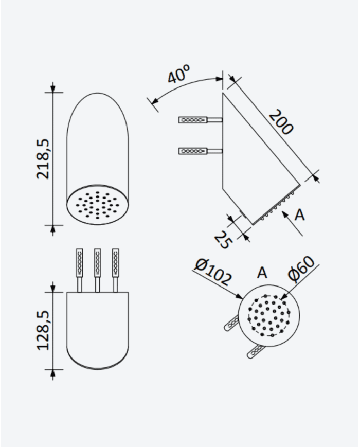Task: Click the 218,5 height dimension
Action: pos(43,159)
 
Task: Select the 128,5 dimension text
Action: pos(43,330)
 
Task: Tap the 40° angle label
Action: pos(178,74)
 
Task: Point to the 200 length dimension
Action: pos(281,122)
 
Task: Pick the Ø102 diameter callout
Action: pos(213,272)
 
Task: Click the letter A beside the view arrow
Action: pos(299,215)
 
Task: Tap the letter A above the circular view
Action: pos(262,273)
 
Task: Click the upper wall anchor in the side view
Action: pos(201,120)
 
